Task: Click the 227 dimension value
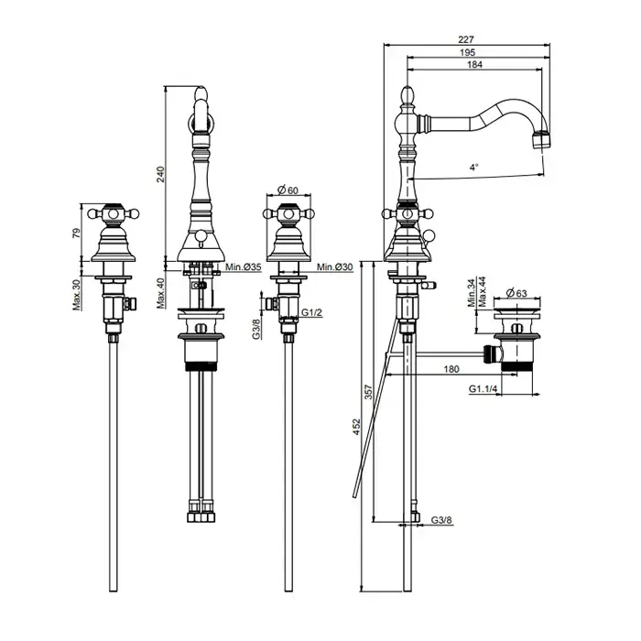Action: [465, 39]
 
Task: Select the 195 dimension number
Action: [467, 52]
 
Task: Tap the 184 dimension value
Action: [474, 64]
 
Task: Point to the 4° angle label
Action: [473, 167]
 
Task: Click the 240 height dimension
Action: [160, 175]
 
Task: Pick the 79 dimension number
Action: [77, 234]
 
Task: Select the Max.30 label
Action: [77, 293]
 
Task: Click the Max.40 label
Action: [160, 293]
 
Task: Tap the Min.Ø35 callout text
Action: [244, 267]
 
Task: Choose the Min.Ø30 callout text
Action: [335, 267]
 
